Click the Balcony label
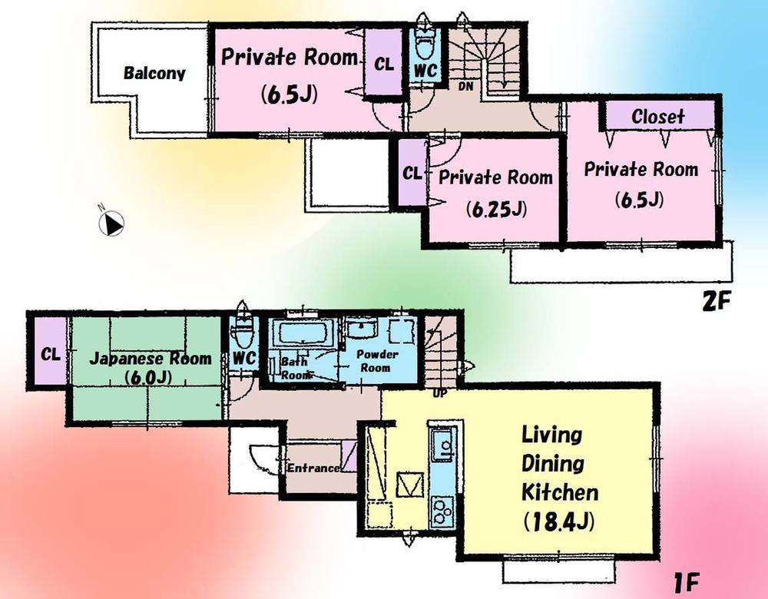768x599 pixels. tap(154, 74)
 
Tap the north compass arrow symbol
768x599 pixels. tap(112, 223)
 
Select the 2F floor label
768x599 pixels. tap(713, 302)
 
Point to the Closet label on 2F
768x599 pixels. tap(657, 117)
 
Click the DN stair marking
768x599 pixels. tap(465, 87)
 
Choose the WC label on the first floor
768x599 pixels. tap(243, 359)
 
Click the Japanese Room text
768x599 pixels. tap(150, 359)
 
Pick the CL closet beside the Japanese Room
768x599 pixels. tap(51, 355)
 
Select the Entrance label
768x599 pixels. tap(313, 468)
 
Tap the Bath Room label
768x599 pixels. tap(294, 366)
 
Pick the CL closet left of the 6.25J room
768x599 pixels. tap(412, 174)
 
